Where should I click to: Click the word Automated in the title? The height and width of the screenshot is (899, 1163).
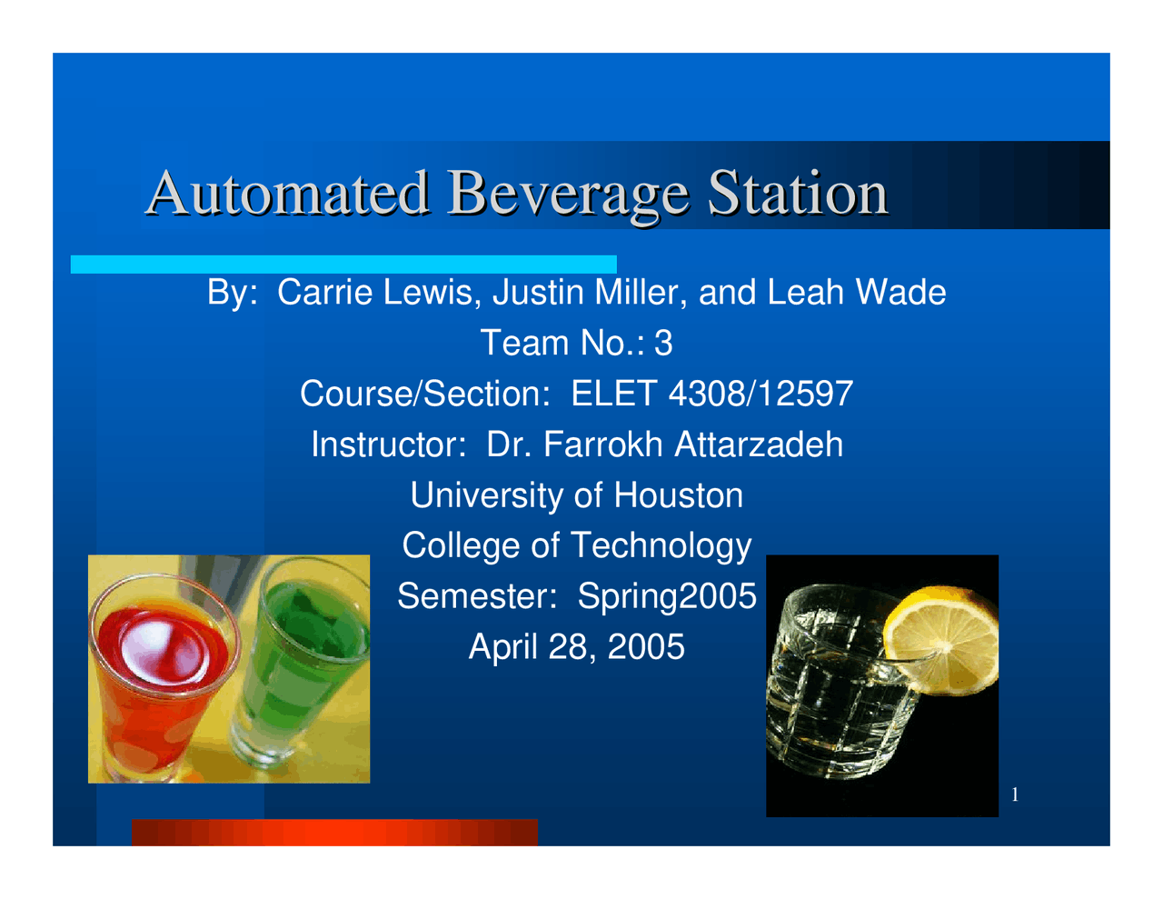click(x=288, y=193)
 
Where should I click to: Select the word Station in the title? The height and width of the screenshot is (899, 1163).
click(x=797, y=193)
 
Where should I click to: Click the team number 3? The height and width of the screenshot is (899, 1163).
click(x=664, y=344)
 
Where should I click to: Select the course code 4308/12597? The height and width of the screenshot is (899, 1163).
click(x=760, y=395)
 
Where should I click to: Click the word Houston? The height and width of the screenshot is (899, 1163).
click(x=678, y=496)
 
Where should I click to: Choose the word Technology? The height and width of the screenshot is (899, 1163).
click(x=661, y=546)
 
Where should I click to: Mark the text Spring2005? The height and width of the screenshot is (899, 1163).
click(x=667, y=597)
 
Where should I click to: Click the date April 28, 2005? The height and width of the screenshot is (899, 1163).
click(x=576, y=648)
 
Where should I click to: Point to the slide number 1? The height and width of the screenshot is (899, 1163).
click(x=1015, y=796)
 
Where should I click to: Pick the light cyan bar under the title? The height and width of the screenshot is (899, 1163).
click(x=343, y=265)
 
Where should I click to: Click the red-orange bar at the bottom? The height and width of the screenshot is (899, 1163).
click(x=334, y=833)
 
